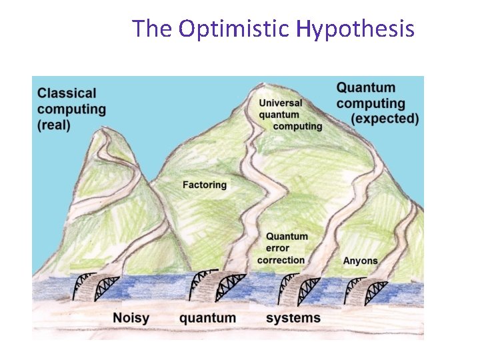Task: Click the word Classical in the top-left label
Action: tap(67, 93)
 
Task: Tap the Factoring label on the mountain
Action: tap(204, 185)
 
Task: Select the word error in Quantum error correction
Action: tap(279, 248)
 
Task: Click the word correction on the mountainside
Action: tap(281, 260)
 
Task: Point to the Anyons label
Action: tap(360, 261)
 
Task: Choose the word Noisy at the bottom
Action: tap(131, 318)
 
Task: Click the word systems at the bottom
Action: tap(293, 318)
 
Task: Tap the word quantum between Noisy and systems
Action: tap(207, 318)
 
